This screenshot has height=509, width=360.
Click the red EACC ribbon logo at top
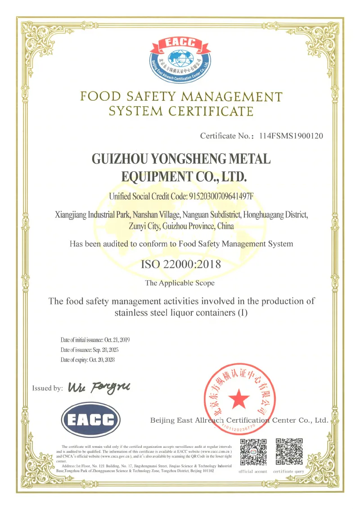coord(181,44)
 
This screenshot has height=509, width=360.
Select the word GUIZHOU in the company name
coord(118,159)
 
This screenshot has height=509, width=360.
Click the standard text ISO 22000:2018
coord(181,264)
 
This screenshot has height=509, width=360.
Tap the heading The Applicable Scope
coord(180,283)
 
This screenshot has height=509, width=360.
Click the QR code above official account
coord(253,452)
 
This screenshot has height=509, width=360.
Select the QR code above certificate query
coord(289,452)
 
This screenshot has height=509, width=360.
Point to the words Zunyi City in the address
coord(147,226)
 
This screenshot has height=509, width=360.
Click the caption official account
coord(253,471)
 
